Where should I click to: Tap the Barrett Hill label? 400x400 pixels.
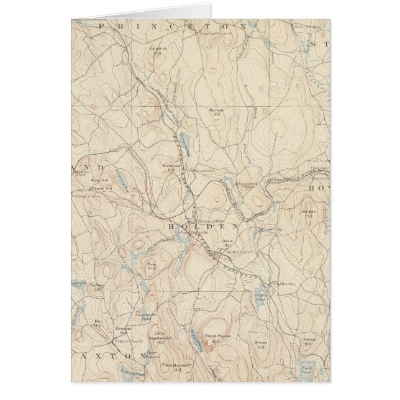point(216,112)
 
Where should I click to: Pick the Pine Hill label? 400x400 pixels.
point(151,266)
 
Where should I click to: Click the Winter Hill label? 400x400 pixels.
point(260,344)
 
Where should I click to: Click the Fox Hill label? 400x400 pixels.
point(98,323)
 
